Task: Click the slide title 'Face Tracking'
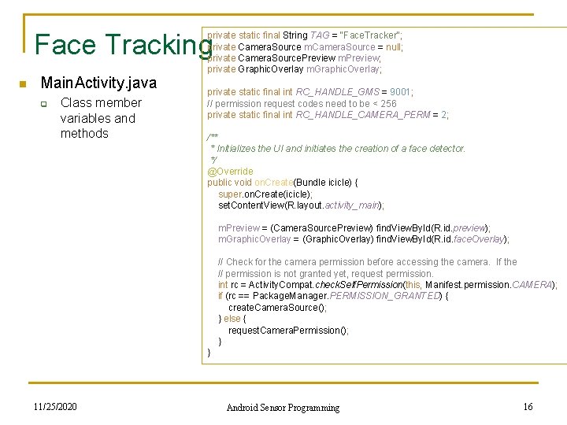[122, 45]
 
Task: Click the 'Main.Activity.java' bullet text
[98, 83]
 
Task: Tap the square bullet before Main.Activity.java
[24, 84]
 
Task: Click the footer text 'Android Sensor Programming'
[283, 407]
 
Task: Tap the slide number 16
[528, 406]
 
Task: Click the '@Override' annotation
[230, 171]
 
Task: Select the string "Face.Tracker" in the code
[369, 35]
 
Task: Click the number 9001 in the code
[401, 92]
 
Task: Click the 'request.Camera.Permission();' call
[288, 331]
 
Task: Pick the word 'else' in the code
[232, 319]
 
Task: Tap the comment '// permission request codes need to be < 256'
[302, 103]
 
